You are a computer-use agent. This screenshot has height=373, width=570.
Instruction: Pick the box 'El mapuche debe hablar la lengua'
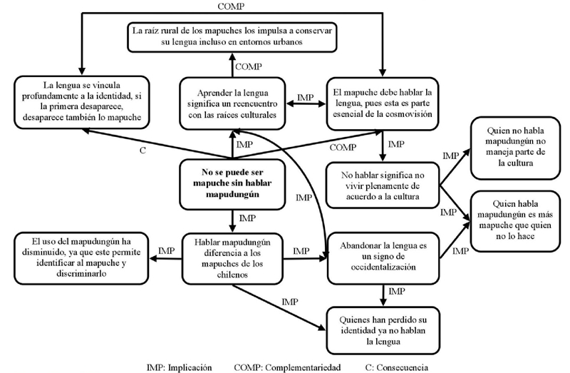[x=383, y=100]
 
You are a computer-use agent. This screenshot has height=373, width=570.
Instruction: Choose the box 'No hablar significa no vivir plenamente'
[x=383, y=184]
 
